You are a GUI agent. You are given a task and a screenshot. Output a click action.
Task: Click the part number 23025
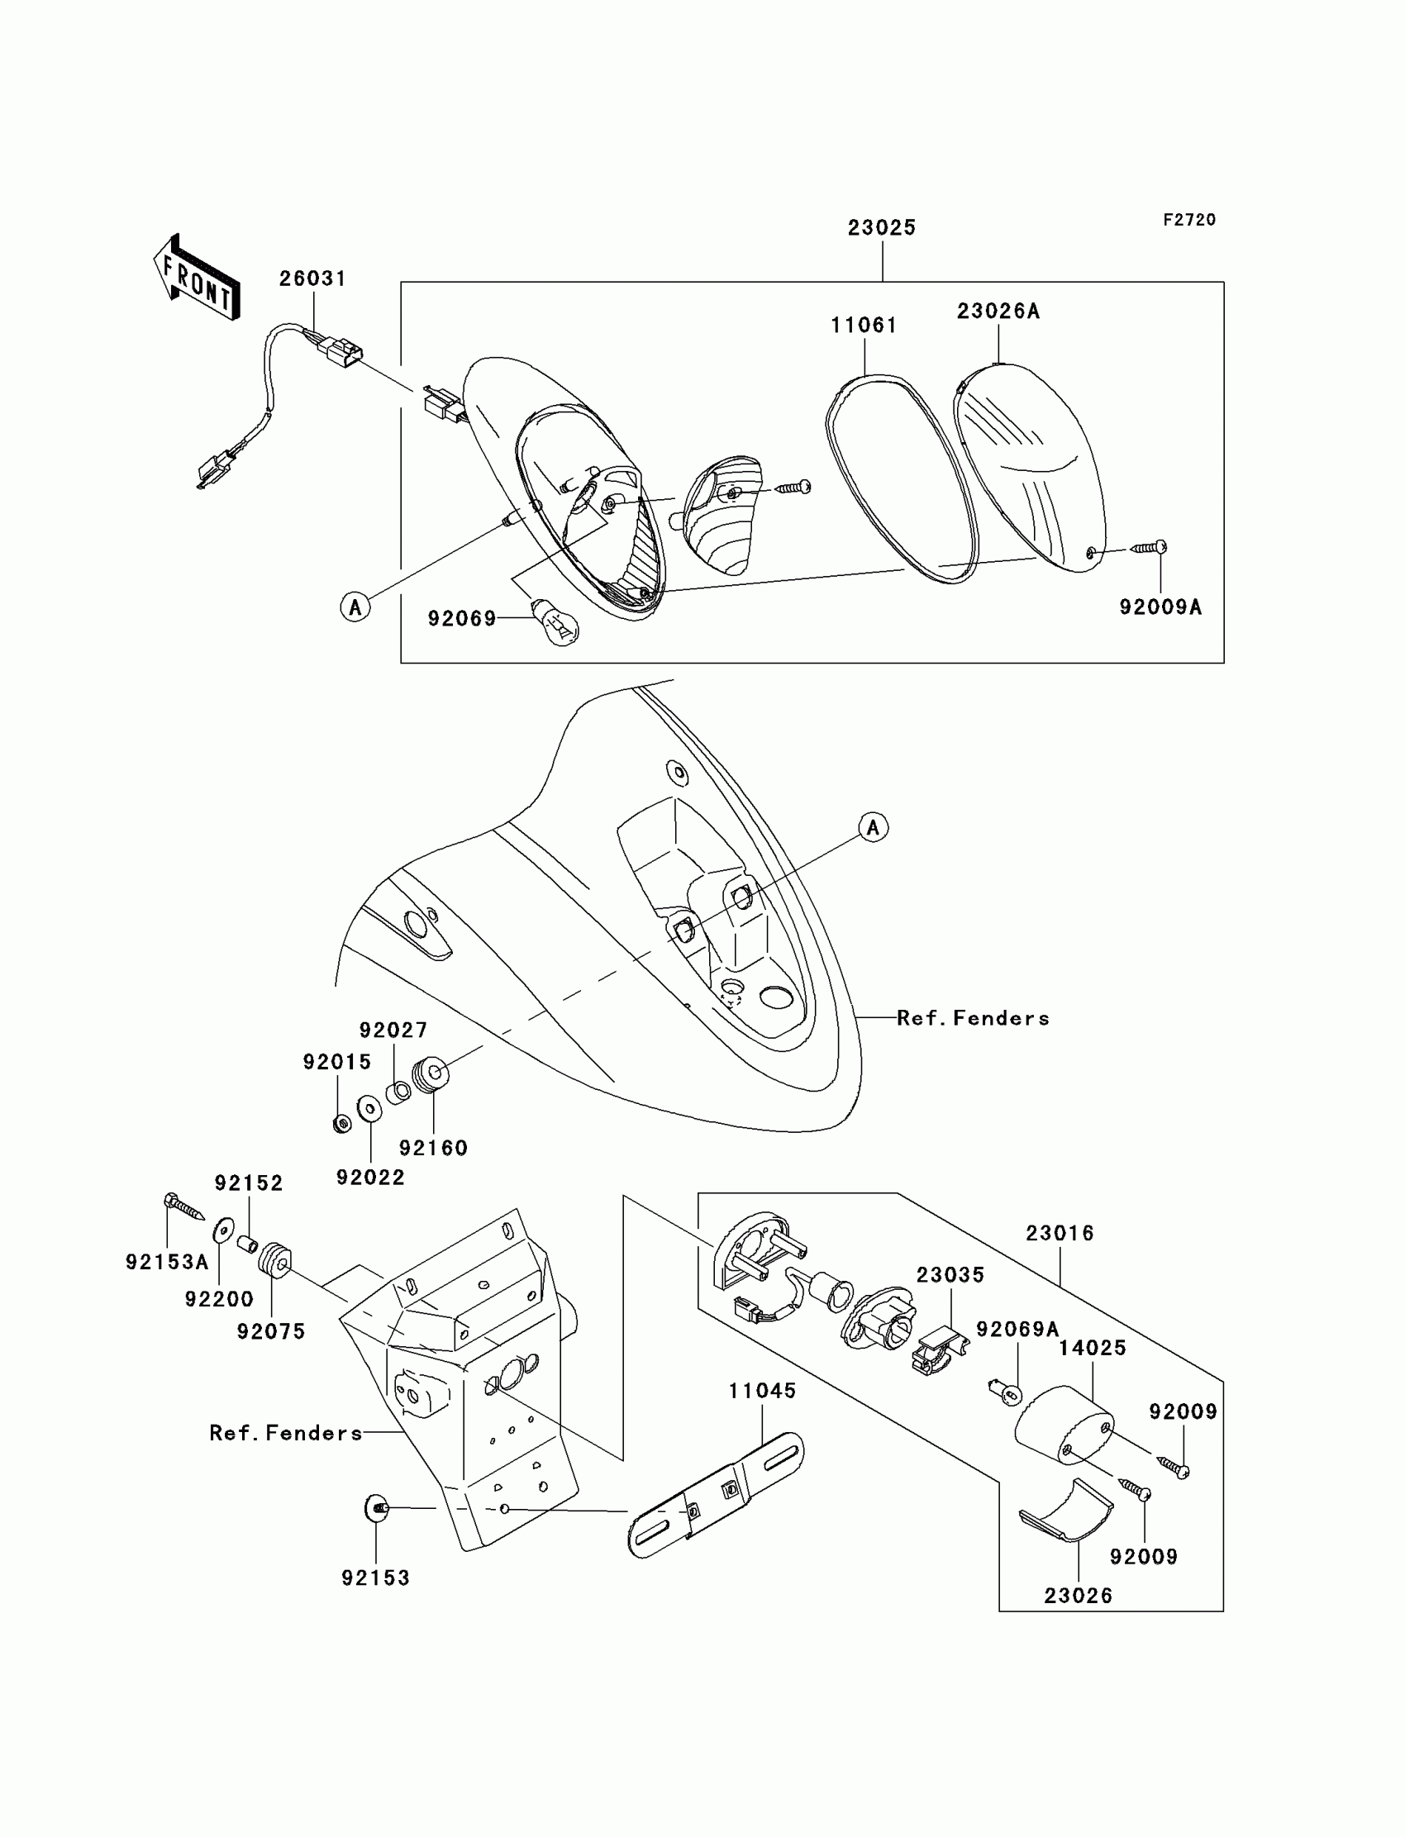(882, 227)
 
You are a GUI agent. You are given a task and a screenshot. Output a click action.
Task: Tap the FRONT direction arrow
(198, 277)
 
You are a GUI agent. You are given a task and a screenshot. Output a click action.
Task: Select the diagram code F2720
(1189, 220)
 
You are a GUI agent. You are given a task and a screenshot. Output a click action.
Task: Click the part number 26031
(312, 278)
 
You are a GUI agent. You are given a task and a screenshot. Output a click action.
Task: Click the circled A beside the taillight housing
(355, 607)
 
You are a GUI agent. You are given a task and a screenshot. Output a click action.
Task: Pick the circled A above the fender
(873, 827)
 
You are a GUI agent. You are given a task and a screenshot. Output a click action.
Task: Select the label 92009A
(1160, 608)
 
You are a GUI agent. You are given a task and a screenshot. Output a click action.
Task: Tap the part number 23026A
(998, 311)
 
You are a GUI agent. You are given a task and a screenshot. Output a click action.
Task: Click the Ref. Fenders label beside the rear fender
(973, 1017)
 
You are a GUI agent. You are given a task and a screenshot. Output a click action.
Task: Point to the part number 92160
(433, 1148)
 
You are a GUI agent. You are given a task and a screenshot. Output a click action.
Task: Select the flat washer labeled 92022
(369, 1110)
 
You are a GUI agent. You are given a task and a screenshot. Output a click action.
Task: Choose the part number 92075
(271, 1331)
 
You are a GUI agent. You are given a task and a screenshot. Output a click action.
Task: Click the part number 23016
(1060, 1232)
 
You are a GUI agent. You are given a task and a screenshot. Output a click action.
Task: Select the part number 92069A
(1017, 1329)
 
